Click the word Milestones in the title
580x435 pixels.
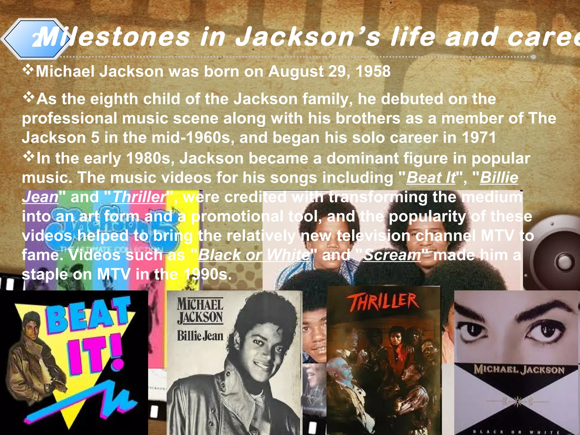(113, 37)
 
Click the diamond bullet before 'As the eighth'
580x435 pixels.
(28, 98)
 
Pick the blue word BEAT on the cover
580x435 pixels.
(88, 314)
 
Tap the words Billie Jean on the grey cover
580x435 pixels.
(200, 336)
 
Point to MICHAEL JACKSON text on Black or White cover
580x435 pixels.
(519, 370)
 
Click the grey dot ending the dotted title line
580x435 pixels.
(533, 57)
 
